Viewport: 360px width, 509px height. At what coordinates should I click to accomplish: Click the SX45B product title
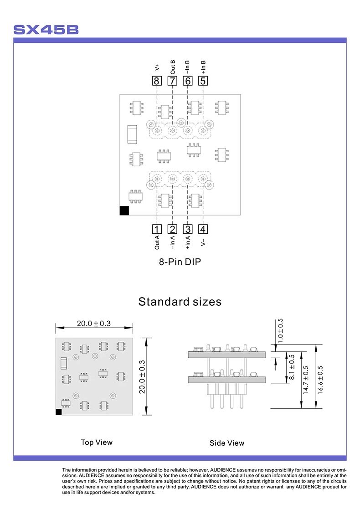click(x=46, y=30)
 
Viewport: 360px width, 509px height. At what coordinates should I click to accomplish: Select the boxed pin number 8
click(x=157, y=81)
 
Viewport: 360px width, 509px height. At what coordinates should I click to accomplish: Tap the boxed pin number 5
click(x=203, y=81)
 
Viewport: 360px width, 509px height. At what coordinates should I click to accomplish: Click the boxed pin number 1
click(x=157, y=229)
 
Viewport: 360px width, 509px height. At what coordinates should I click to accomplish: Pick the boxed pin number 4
click(x=203, y=229)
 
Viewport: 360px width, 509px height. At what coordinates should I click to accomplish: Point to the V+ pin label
click(x=157, y=67)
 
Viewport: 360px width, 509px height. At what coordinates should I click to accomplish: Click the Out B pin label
click(x=172, y=66)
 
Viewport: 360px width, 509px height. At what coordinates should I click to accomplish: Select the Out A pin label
click(x=157, y=242)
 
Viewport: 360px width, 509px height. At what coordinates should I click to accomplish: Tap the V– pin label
click(x=203, y=242)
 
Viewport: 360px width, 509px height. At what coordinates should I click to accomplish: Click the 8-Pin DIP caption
click(x=180, y=262)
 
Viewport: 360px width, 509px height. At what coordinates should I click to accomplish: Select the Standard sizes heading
click(x=180, y=302)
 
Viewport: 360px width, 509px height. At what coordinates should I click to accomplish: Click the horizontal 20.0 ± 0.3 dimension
click(x=94, y=324)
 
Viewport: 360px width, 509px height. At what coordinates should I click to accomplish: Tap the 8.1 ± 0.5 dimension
click(x=291, y=368)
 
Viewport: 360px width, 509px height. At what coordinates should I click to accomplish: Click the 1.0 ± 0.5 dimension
click(x=280, y=330)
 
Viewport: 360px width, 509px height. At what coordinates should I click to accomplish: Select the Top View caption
click(x=97, y=442)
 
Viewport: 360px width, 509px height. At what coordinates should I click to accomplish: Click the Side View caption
click(x=226, y=443)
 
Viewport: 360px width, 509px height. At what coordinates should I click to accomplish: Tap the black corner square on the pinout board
click(x=124, y=211)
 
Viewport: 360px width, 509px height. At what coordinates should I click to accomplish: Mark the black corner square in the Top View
click(x=58, y=412)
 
